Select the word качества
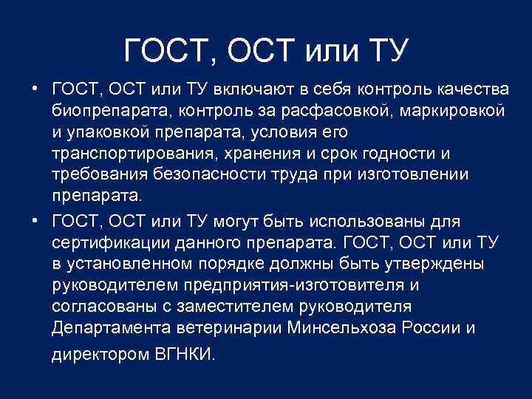pos(471,90)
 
